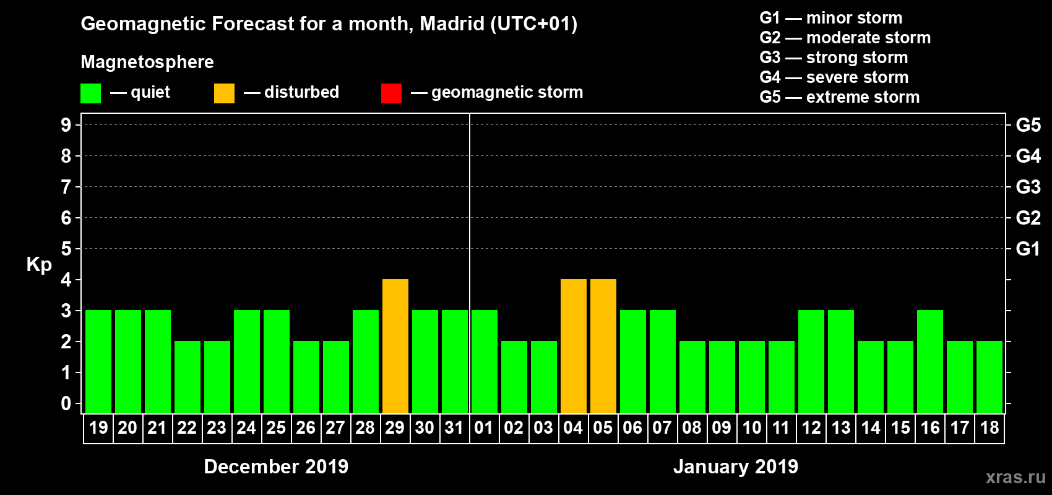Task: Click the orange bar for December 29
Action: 395,346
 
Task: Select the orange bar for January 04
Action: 574,346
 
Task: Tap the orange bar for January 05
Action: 603,346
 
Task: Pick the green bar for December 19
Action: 98,361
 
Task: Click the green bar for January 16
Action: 930,361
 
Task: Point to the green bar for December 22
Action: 188,377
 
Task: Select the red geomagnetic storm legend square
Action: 391,93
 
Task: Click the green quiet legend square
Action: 90,93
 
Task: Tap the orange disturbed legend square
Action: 224,93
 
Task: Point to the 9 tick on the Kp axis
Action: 66,125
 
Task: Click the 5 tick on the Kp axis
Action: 66,249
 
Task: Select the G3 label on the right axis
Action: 1028,187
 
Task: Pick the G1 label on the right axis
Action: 1028,249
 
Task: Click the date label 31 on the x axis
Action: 454,428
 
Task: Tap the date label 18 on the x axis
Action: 989,428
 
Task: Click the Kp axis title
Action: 39,265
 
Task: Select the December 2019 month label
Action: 276,467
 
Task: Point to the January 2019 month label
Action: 735,467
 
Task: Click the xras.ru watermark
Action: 1015,477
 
